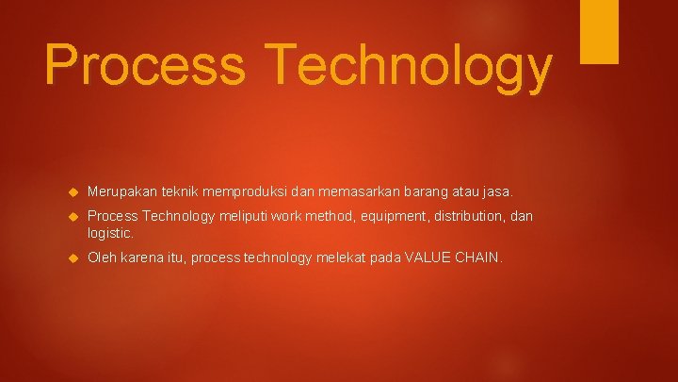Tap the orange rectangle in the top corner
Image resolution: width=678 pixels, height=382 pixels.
pos(599,30)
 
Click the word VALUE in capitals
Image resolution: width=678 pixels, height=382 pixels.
pos(428,257)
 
